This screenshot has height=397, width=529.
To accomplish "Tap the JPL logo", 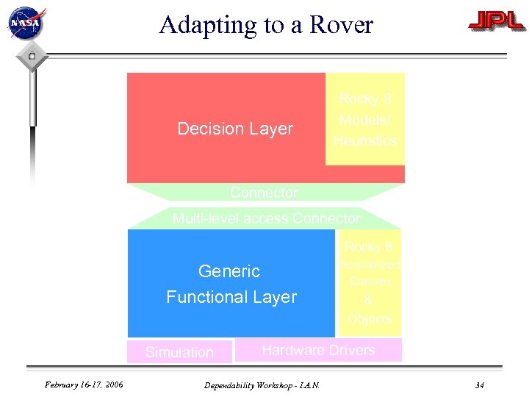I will pos(497,23).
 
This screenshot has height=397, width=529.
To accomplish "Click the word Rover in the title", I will pos(342,25).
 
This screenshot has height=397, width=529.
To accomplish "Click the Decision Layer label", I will pos(235,129).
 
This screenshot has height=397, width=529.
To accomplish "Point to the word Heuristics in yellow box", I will pos(365,140).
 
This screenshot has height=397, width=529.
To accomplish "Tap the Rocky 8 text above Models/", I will pos(365,99).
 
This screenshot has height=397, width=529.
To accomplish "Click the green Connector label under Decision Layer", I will pos(264,193).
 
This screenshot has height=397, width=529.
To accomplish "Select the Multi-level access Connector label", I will pos(266,218).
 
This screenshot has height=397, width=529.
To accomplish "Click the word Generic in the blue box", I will pos(229,271).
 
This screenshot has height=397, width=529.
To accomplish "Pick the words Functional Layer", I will pos(231,297).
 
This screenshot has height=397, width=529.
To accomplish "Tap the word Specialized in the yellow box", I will pos(370,265).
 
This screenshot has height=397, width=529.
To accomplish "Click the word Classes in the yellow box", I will pos(370,282).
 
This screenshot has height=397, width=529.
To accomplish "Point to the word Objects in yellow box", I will pos(370,319).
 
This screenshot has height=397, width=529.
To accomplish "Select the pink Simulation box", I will pos(179,351).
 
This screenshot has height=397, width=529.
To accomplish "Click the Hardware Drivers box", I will pos(318,350).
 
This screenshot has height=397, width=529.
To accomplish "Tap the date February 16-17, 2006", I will pos(84,385).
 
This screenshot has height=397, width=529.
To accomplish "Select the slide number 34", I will pos(480,385).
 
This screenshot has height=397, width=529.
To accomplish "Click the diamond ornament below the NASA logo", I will pos(32,57).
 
